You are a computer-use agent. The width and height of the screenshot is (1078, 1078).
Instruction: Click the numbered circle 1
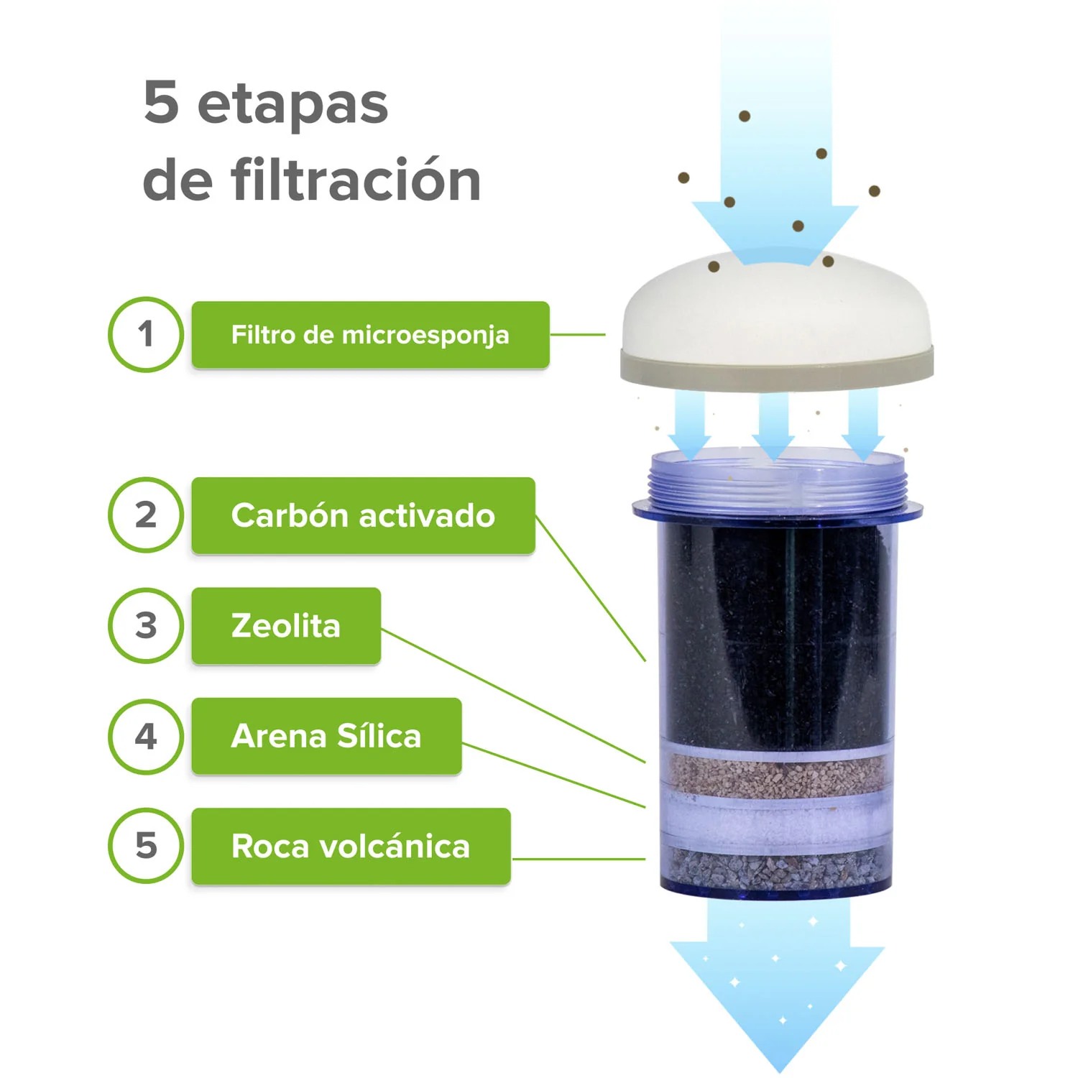coord(146,334)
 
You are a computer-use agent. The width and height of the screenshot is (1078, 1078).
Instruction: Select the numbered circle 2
coord(146,515)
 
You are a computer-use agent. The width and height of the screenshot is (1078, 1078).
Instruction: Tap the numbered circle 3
coord(146,625)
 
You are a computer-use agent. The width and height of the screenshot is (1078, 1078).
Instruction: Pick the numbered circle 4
coord(146,736)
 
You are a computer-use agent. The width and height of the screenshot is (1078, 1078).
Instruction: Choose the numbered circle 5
coord(146,845)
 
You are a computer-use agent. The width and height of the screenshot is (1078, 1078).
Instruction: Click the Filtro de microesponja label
coord(370,335)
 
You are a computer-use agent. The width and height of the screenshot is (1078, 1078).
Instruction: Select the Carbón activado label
coord(363,515)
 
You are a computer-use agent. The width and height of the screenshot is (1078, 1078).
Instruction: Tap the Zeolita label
coord(286,626)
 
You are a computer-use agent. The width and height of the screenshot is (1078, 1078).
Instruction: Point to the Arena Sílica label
coord(326,736)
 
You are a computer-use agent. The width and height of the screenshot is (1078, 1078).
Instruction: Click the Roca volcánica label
coord(351,846)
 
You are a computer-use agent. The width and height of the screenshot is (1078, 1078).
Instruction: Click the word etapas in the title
coord(292,104)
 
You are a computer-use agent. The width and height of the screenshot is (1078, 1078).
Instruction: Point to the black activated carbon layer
coord(776,632)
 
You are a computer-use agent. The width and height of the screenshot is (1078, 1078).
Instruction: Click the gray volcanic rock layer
coord(776,866)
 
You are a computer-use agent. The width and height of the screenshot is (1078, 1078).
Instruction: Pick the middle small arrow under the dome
coord(773,428)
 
